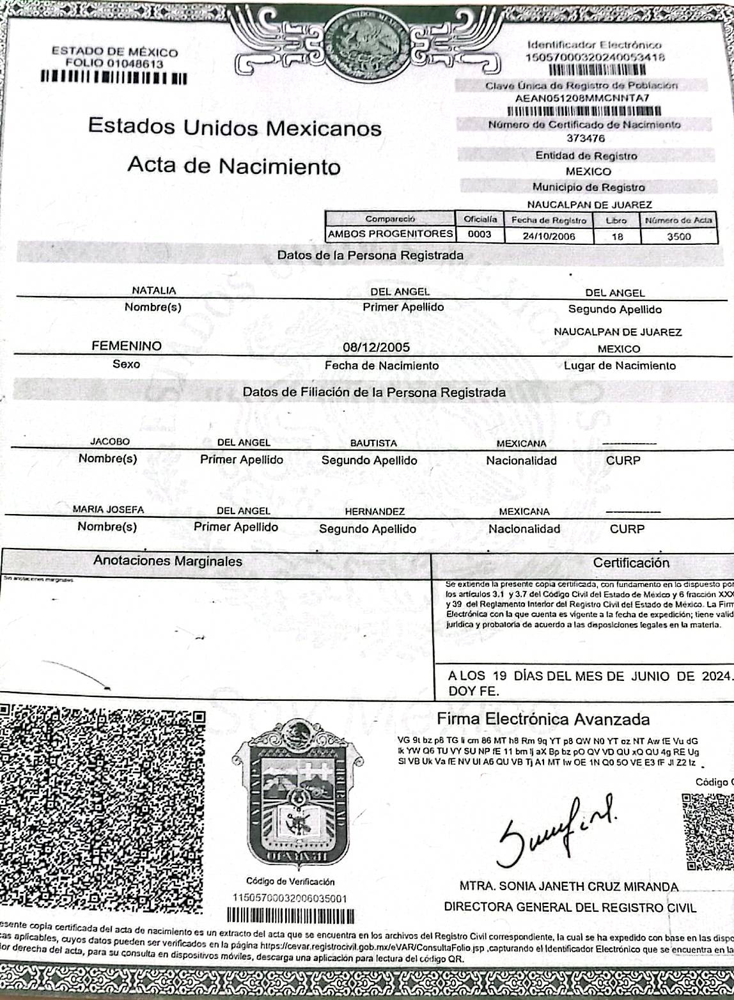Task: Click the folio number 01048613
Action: click(135, 64)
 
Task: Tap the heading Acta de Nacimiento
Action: click(234, 166)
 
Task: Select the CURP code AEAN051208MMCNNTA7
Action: click(582, 98)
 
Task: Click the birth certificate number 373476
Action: click(585, 138)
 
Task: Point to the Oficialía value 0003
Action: click(480, 234)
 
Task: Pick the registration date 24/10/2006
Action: click(549, 236)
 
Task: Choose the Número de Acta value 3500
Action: click(678, 236)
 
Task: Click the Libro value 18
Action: click(617, 236)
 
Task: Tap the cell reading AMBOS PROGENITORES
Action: click(390, 234)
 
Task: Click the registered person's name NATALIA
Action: click(153, 290)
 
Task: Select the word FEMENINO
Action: click(127, 346)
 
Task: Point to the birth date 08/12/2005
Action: click(377, 347)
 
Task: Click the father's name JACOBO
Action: click(110, 441)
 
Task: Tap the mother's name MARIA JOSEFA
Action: click(108, 510)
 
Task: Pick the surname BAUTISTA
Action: click(373, 443)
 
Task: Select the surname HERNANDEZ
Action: click(375, 512)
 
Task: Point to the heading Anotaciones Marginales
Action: click(168, 561)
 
